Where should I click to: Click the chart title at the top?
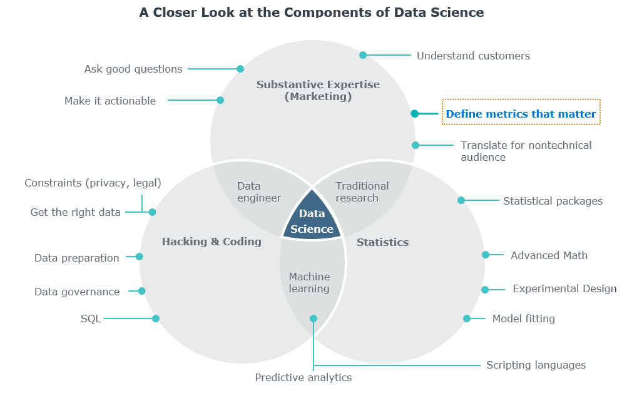[311, 12]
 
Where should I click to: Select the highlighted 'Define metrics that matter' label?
[521, 114]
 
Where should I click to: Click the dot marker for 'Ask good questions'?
[240, 69]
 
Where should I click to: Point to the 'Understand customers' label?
[473, 56]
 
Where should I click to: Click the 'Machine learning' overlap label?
[309, 282]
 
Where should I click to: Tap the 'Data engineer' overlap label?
[259, 191]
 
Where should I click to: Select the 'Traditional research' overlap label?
[362, 191]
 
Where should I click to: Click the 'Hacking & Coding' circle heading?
[212, 242]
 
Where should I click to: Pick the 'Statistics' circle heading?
[382, 242]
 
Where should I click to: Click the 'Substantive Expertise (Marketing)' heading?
[318, 91]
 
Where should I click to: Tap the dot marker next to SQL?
[156, 319]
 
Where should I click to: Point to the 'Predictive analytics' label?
[303, 377]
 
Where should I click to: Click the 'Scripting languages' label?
[536, 365]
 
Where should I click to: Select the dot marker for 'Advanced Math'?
[486, 255]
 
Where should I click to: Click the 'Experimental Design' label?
[564, 288]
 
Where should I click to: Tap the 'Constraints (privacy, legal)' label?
[93, 183]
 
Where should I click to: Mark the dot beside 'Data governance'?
[141, 291]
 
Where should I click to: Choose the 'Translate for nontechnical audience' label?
[526, 151]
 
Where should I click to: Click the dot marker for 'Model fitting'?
[467, 319]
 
